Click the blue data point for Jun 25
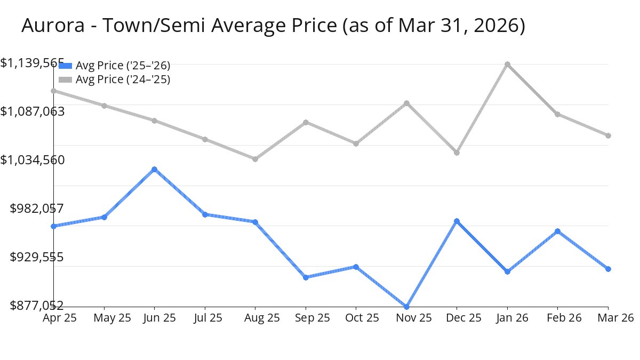click(154, 170)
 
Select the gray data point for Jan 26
click(507, 65)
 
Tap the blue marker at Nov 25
click(406, 307)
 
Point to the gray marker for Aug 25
click(255, 159)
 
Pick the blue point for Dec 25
click(457, 221)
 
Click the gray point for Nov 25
click(406, 103)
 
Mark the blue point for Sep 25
click(306, 277)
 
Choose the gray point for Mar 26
click(608, 135)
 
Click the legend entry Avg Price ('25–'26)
click(123, 66)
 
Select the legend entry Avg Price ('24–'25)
click(123, 79)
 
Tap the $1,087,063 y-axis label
click(33, 111)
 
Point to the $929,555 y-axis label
click(37, 258)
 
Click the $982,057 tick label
click(37, 209)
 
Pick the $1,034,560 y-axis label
click(33, 160)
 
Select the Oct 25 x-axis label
click(362, 318)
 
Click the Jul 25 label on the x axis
click(208, 318)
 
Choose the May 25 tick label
click(112, 318)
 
